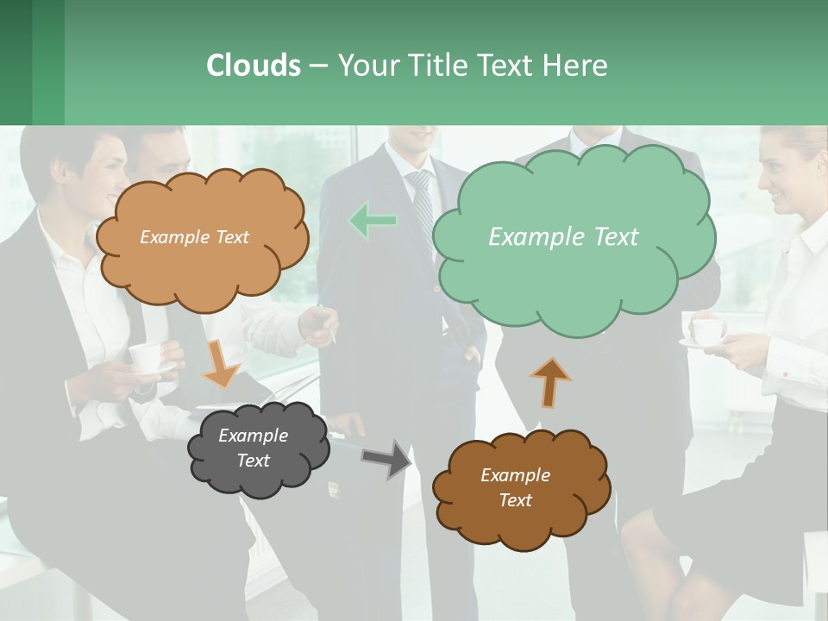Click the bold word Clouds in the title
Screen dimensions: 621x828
click(253, 66)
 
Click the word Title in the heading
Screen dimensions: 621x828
click(436, 66)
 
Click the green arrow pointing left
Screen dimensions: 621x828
click(373, 222)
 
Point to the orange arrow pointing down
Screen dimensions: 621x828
click(221, 363)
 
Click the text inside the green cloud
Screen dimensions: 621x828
click(563, 237)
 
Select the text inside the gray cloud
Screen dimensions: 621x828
click(254, 448)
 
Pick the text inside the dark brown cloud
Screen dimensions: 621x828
click(515, 487)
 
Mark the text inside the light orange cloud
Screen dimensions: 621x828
click(194, 237)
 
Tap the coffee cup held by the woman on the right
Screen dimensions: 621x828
click(709, 331)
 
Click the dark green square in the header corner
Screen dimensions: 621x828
click(16, 62)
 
